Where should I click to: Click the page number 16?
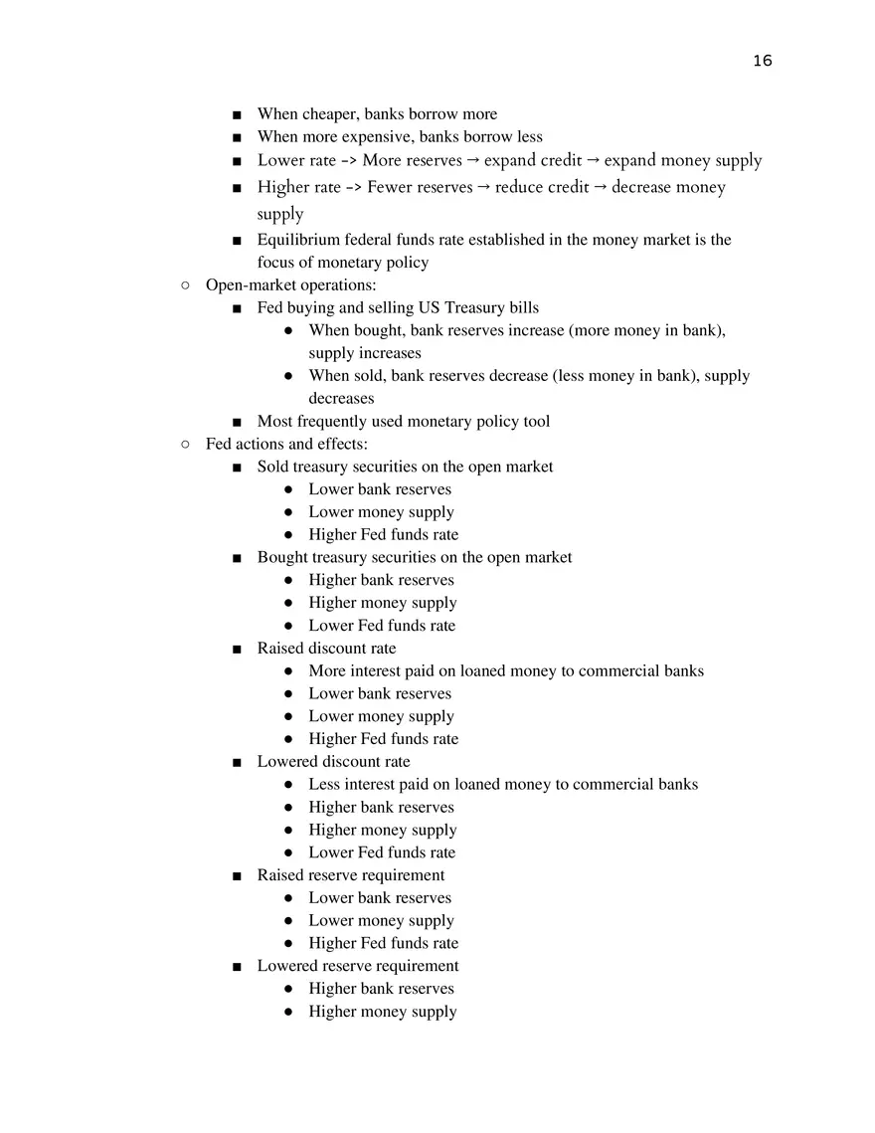(762, 61)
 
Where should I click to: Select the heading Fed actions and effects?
(286, 444)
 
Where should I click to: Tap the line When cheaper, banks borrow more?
(377, 114)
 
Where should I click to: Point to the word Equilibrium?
(298, 240)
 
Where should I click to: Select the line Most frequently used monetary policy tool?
(403, 421)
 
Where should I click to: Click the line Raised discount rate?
(326, 648)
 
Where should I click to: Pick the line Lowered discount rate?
(333, 761)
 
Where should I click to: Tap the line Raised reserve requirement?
(350, 874)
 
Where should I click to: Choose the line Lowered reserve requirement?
(358, 965)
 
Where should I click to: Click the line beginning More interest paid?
(505, 670)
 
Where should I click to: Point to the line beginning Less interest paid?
(502, 784)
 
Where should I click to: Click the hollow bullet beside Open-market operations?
(186, 285)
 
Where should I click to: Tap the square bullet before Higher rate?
(236, 188)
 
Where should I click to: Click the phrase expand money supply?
(683, 160)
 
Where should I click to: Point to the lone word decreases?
(341, 398)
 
